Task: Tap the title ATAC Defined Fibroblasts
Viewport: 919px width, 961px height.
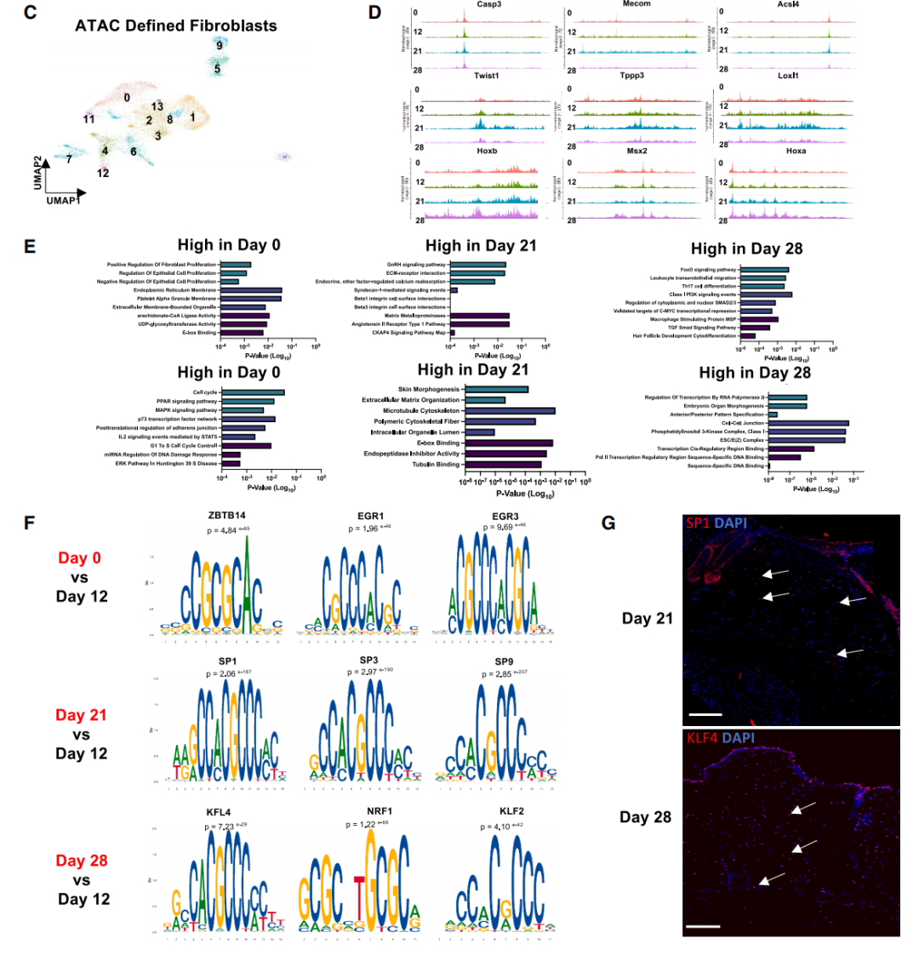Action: [x=175, y=26]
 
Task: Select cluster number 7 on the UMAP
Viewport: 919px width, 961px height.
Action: [x=68, y=158]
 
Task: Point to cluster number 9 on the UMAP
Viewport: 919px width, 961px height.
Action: [x=220, y=45]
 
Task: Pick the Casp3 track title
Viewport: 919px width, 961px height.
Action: [x=488, y=5]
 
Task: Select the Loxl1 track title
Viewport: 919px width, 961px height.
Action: [x=788, y=77]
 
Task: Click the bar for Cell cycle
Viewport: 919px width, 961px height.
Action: [x=253, y=392]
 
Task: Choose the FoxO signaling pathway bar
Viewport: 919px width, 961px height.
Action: [x=764, y=270]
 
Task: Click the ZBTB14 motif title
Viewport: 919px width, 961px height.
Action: [x=225, y=516]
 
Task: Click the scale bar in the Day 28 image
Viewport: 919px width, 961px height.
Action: [x=702, y=925]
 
